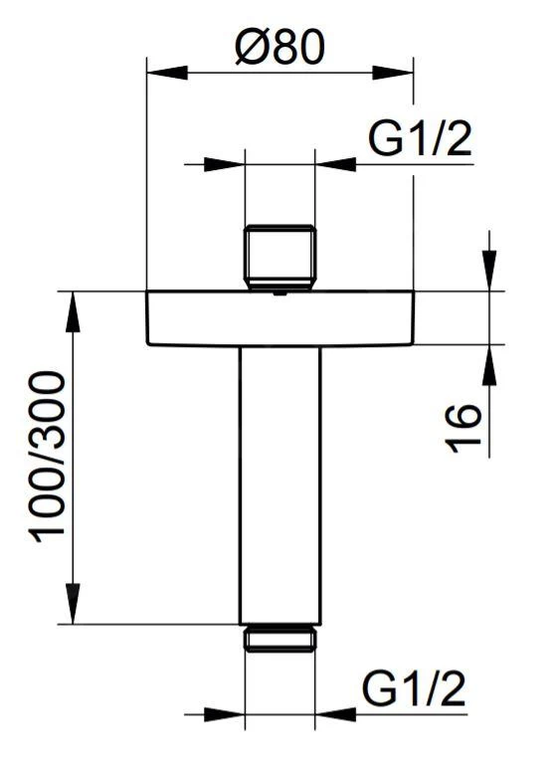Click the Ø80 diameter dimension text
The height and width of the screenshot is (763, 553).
click(x=279, y=47)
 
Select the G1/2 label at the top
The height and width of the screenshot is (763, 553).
click(x=419, y=141)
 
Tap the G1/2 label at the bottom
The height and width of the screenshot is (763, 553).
click(x=414, y=689)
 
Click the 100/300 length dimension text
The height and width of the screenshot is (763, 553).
click(x=48, y=457)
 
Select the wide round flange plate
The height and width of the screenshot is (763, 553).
click(x=279, y=317)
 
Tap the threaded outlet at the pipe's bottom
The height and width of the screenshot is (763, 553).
click(x=279, y=637)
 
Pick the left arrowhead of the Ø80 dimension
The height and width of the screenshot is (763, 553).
click(x=167, y=73)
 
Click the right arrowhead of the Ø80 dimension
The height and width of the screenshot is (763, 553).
click(x=392, y=73)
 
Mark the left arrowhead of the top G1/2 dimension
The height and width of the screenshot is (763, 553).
click(x=223, y=163)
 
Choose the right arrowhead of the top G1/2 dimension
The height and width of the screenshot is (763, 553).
click(x=335, y=163)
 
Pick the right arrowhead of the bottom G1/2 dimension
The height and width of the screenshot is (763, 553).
click(x=335, y=714)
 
